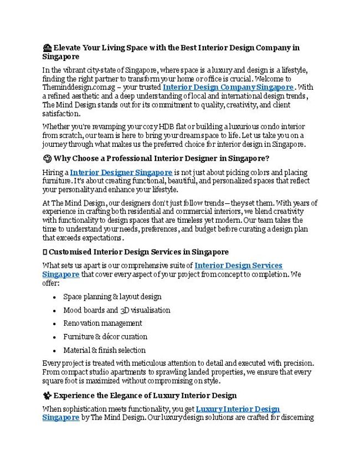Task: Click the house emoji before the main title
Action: [x=47, y=48]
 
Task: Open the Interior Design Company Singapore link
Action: [x=228, y=87]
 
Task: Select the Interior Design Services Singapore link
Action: [x=238, y=266]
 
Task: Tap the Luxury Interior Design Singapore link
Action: [x=238, y=409]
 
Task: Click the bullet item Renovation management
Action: [x=102, y=323]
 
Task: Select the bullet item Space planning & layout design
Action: [x=112, y=296]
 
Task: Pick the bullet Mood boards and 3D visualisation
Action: [x=116, y=310]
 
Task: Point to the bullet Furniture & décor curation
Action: [x=105, y=336]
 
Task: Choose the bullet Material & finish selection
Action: [x=104, y=350]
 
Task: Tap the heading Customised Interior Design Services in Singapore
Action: [x=138, y=252]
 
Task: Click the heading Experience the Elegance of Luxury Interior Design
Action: [x=145, y=395]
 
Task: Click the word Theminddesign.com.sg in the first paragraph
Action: [x=73, y=88]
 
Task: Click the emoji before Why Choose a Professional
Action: [x=47, y=158]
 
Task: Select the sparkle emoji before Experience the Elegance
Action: [x=47, y=395]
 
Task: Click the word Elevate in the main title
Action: [x=68, y=48]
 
